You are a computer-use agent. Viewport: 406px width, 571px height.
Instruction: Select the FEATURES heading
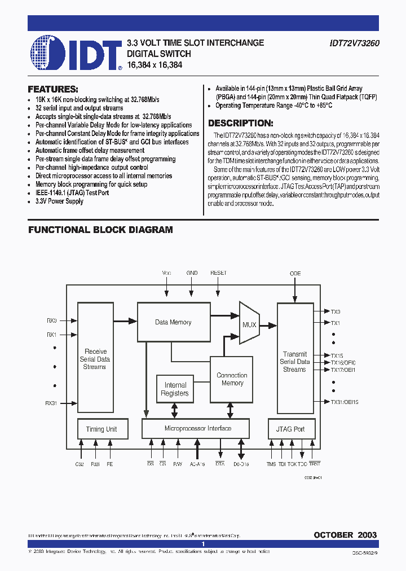pyautogui.click(x=53, y=89)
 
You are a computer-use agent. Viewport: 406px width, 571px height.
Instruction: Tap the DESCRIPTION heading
pyautogui.click(x=241, y=123)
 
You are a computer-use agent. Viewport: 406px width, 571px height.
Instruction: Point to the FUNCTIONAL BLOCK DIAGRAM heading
pyautogui.click(x=100, y=230)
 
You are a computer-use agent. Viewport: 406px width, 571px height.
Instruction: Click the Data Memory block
pyautogui.click(x=173, y=322)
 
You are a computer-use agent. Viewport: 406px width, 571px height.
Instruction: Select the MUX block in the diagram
pyautogui.click(x=249, y=324)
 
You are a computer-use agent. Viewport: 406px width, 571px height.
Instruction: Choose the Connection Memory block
pyautogui.click(x=232, y=379)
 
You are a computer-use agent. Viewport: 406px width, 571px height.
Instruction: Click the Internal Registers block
pyautogui.click(x=175, y=389)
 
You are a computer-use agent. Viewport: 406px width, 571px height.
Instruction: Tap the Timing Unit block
pyautogui.click(x=101, y=429)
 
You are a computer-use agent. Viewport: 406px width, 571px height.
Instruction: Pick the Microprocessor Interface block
pyautogui.click(x=197, y=428)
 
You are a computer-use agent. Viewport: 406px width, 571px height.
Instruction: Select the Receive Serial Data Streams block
pyautogui.click(x=94, y=359)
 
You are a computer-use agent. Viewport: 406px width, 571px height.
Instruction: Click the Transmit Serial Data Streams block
pyautogui.click(x=294, y=362)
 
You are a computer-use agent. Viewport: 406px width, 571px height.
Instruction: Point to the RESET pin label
pyautogui.click(x=218, y=273)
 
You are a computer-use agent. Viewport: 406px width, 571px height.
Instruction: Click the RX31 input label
pyautogui.click(x=51, y=403)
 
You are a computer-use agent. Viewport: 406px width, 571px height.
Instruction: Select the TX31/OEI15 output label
pyautogui.click(x=344, y=402)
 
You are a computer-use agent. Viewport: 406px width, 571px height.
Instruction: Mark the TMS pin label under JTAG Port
pyautogui.click(x=272, y=464)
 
